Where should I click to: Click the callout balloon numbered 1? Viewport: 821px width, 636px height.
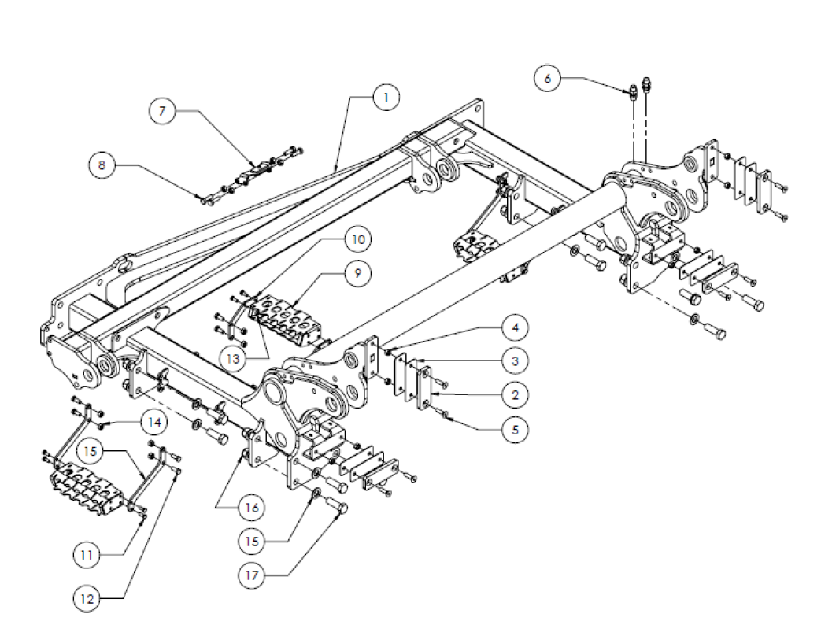(386, 98)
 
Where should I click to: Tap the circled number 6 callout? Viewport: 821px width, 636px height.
(549, 78)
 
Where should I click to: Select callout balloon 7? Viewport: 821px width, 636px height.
(163, 113)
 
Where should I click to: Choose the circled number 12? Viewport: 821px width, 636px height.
(87, 600)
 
